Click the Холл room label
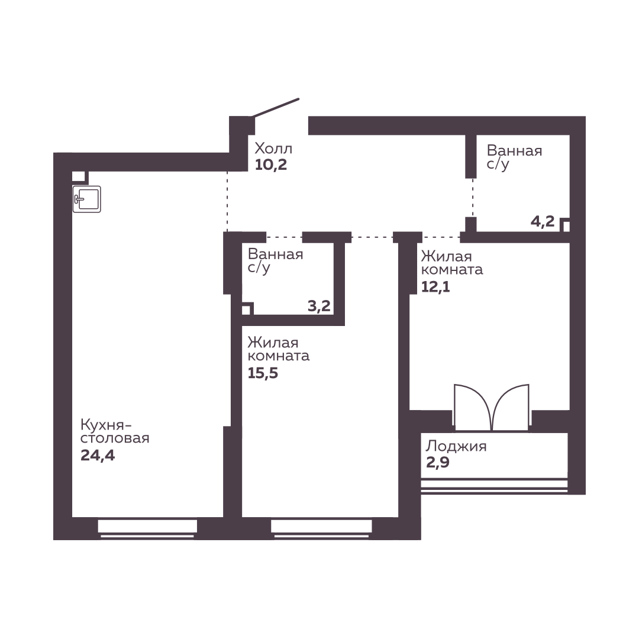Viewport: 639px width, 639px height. pyautogui.click(x=273, y=149)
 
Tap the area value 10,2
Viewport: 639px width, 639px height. pyautogui.click(x=271, y=164)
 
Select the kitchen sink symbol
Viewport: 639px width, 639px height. pyautogui.click(x=87, y=199)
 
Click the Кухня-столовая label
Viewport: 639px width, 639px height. pyautogui.click(x=115, y=431)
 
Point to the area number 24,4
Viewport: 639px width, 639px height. pyautogui.click(x=98, y=455)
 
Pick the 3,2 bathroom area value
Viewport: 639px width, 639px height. pyautogui.click(x=319, y=306)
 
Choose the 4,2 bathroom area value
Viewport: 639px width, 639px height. pyautogui.click(x=543, y=221)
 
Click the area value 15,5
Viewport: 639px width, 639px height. pyautogui.click(x=263, y=373)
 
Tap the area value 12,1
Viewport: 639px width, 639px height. pyautogui.click(x=435, y=286)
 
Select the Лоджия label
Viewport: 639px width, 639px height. pyautogui.click(x=456, y=447)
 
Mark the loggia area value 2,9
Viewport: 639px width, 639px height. pyautogui.click(x=438, y=463)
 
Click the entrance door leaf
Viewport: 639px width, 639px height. pyautogui.click(x=276, y=108)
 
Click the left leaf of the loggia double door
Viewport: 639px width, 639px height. pyautogui.click(x=473, y=407)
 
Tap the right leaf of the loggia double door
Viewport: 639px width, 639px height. pyautogui.click(x=511, y=407)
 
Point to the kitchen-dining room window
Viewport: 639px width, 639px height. pyautogui.click(x=147, y=529)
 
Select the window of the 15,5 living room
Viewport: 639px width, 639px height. pyautogui.click(x=321, y=529)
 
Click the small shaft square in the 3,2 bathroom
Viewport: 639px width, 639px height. pyautogui.click(x=247, y=309)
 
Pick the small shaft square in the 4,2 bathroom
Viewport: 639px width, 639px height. pyautogui.click(x=566, y=225)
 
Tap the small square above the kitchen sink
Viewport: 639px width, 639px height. pyautogui.click(x=79, y=177)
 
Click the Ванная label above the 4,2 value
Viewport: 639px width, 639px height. pyautogui.click(x=514, y=151)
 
